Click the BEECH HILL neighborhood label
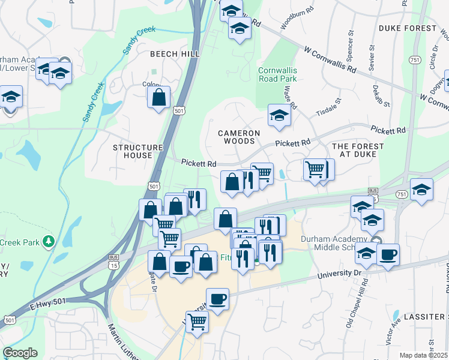[175, 54]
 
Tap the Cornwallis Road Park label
[277, 74]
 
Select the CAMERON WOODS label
[239, 137]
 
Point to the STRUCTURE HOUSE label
[138, 151]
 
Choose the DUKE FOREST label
[408, 28]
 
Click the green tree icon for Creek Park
[47, 242]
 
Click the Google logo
[20, 353]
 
